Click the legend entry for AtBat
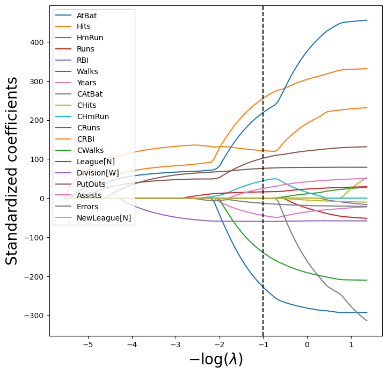pos(86,16)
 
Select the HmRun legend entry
pos(89,38)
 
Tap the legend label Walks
pos(87,71)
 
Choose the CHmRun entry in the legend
pos(91,116)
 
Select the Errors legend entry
pos(87,206)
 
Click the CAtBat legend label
pos(89,94)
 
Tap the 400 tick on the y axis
pos(38,42)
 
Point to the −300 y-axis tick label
pos(35,316)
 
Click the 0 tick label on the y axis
pos(43,199)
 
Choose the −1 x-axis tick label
pos(263,344)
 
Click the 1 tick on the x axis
pos(351,344)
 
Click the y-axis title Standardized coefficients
pos(12,171)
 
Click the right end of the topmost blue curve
pos(367,20)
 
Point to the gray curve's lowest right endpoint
pos(367,321)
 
